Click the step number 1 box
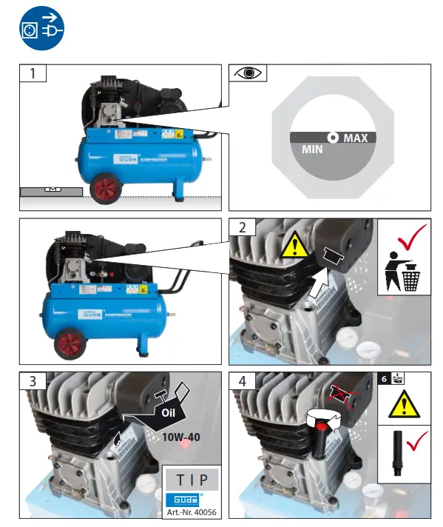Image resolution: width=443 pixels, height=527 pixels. click(x=33, y=73)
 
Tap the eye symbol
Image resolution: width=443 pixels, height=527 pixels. click(x=247, y=73)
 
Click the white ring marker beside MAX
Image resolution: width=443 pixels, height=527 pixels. click(x=334, y=138)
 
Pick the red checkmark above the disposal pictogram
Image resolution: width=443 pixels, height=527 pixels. click(x=405, y=239)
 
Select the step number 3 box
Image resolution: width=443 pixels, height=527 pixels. click(x=33, y=381)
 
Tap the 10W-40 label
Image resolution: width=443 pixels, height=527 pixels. click(x=180, y=437)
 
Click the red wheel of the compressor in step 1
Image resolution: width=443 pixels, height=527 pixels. click(x=106, y=188)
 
